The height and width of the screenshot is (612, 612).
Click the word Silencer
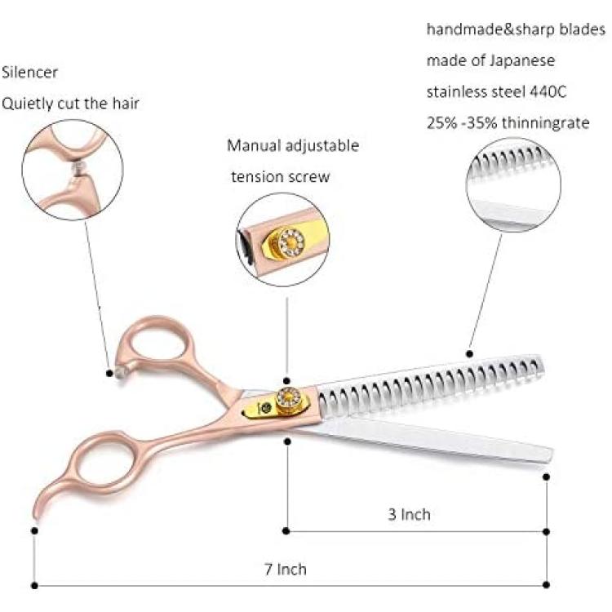pos(29,72)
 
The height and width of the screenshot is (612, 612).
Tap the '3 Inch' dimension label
pos(409,514)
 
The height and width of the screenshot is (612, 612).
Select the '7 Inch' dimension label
pos(286,569)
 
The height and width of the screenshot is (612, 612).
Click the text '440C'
pos(548,91)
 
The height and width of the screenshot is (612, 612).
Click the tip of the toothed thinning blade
pos(542,364)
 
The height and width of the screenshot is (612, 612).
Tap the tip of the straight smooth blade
pos(550,455)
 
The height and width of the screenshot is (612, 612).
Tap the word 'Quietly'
pos(27,104)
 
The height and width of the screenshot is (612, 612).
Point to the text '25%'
pos(441,123)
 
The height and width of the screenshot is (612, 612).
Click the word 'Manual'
pos(254,145)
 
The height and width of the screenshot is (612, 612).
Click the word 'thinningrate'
pos(546,123)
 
